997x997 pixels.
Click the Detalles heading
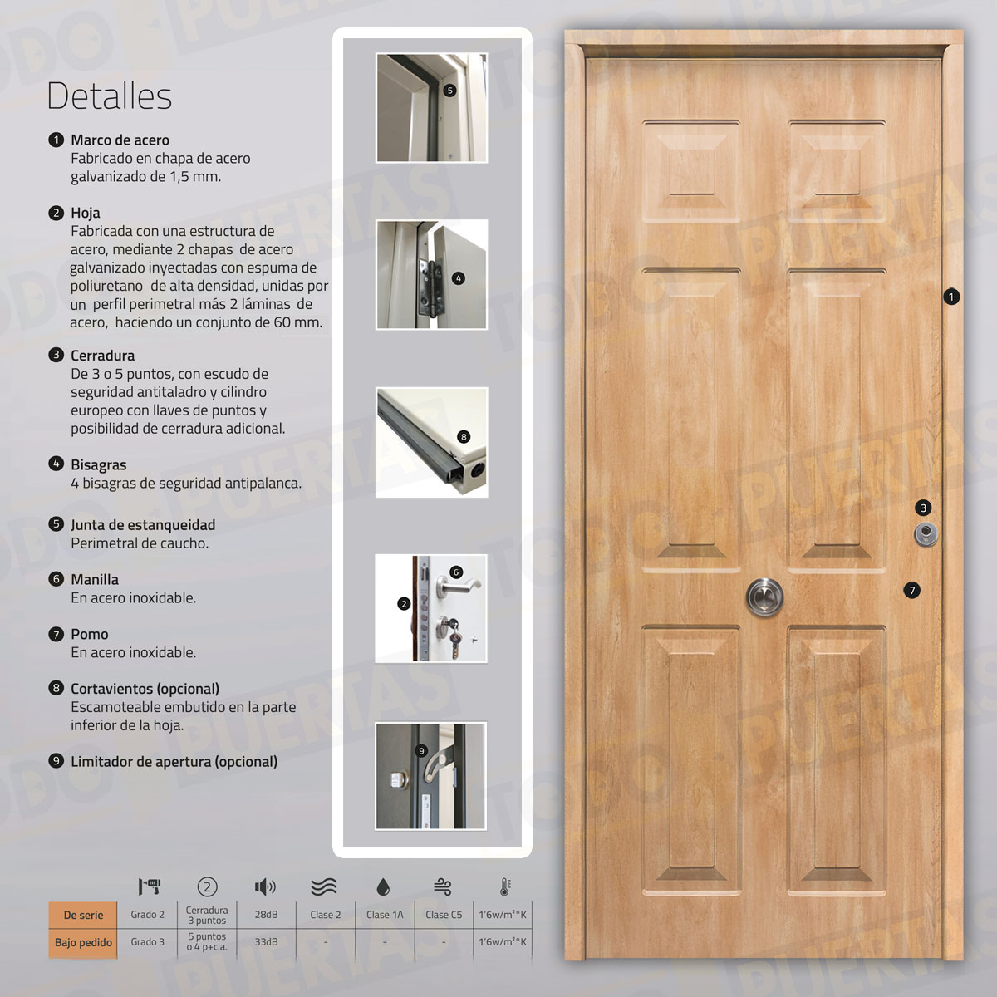click(x=109, y=96)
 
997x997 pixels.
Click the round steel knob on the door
click(x=764, y=596)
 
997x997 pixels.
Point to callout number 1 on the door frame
click(x=951, y=296)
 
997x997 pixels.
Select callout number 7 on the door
click(x=912, y=590)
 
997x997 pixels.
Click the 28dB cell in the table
click(x=266, y=915)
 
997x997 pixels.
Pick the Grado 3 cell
click(x=147, y=942)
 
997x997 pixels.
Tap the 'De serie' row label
click(x=83, y=915)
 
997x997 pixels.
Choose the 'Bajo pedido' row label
click(x=83, y=942)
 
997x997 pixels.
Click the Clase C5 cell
click(x=444, y=915)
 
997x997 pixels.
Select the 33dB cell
click(x=266, y=942)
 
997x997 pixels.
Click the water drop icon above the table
click(x=383, y=887)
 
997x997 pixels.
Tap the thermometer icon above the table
click(x=504, y=886)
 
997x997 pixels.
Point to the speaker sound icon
click(x=265, y=887)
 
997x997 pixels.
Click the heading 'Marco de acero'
click(x=120, y=140)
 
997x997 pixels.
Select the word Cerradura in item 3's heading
click(x=102, y=355)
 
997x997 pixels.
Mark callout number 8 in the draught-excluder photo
click(x=464, y=436)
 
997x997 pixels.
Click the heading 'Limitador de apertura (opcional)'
click(x=174, y=761)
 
